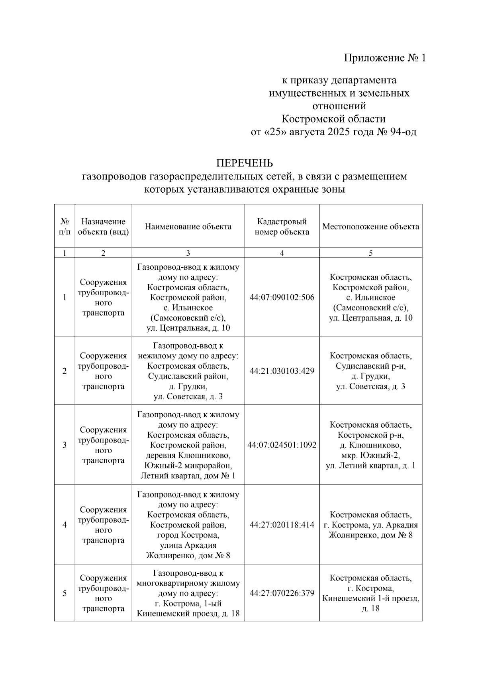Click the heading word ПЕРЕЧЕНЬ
click(x=245, y=163)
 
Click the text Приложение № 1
click(x=385, y=58)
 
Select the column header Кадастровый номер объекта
click(x=282, y=227)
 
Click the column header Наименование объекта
click(x=188, y=227)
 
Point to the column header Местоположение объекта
click(x=370, y=227)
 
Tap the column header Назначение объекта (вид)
click(x=103, y=227)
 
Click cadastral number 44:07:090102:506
click(x=282, y=297)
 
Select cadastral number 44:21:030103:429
click(x=282, y=371)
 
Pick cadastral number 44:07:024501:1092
click(x=282, y=445)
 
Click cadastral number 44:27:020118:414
click(x=282, y=525)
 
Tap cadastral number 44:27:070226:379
click(x=282, y=593)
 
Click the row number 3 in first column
click(x=65, y=445)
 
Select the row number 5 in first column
click(x=65, y=593)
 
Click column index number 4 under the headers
click(x=282, y=253)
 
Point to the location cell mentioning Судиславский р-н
click(x=370, y=371)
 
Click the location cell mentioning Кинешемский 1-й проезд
click(x=370, y=593)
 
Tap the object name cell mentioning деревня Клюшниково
click(x=188, y=445)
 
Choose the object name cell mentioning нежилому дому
click(x=188, y=371)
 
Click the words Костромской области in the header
click(x=333, y=119)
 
